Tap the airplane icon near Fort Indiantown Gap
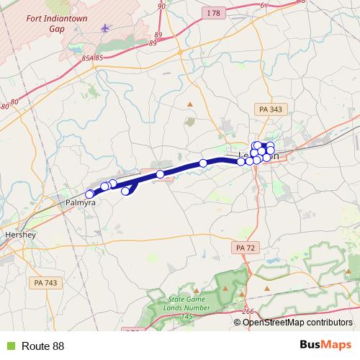tap(107, 28)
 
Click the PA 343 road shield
tap(270, 109)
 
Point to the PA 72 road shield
tap(246, 247)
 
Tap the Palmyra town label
tap(81, 203)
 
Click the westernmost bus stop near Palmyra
tap(90, 194)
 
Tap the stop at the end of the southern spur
tap(125, 191)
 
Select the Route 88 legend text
tap(42, 346)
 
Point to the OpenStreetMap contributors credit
tap(297, 322)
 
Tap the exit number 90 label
tap(161, 6)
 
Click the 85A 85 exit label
tap(94, 58)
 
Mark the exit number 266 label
tap(248, 311)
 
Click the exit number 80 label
tap(5, 107)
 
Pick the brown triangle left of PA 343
tap(190, 104)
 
